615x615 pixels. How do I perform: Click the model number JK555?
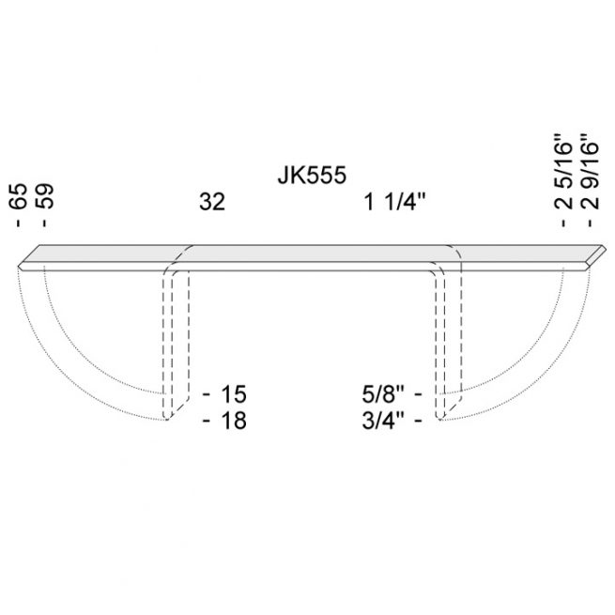[x=312, y=175]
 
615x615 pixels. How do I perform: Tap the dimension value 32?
[x=212, y=202]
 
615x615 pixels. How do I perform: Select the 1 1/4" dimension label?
[x=395, y=202]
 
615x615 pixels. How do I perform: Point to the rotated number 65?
[x=18, y=196]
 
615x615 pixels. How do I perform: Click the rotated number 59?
[x=43, y=196]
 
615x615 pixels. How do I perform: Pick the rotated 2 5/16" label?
[x=563, y=172]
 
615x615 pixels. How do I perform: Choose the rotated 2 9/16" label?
[x=590, y=172]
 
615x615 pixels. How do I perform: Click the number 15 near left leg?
[x=234, y=393]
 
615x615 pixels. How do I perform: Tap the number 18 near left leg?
[x=234, y=421]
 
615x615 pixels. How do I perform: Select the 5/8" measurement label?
[x=383, y=393]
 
